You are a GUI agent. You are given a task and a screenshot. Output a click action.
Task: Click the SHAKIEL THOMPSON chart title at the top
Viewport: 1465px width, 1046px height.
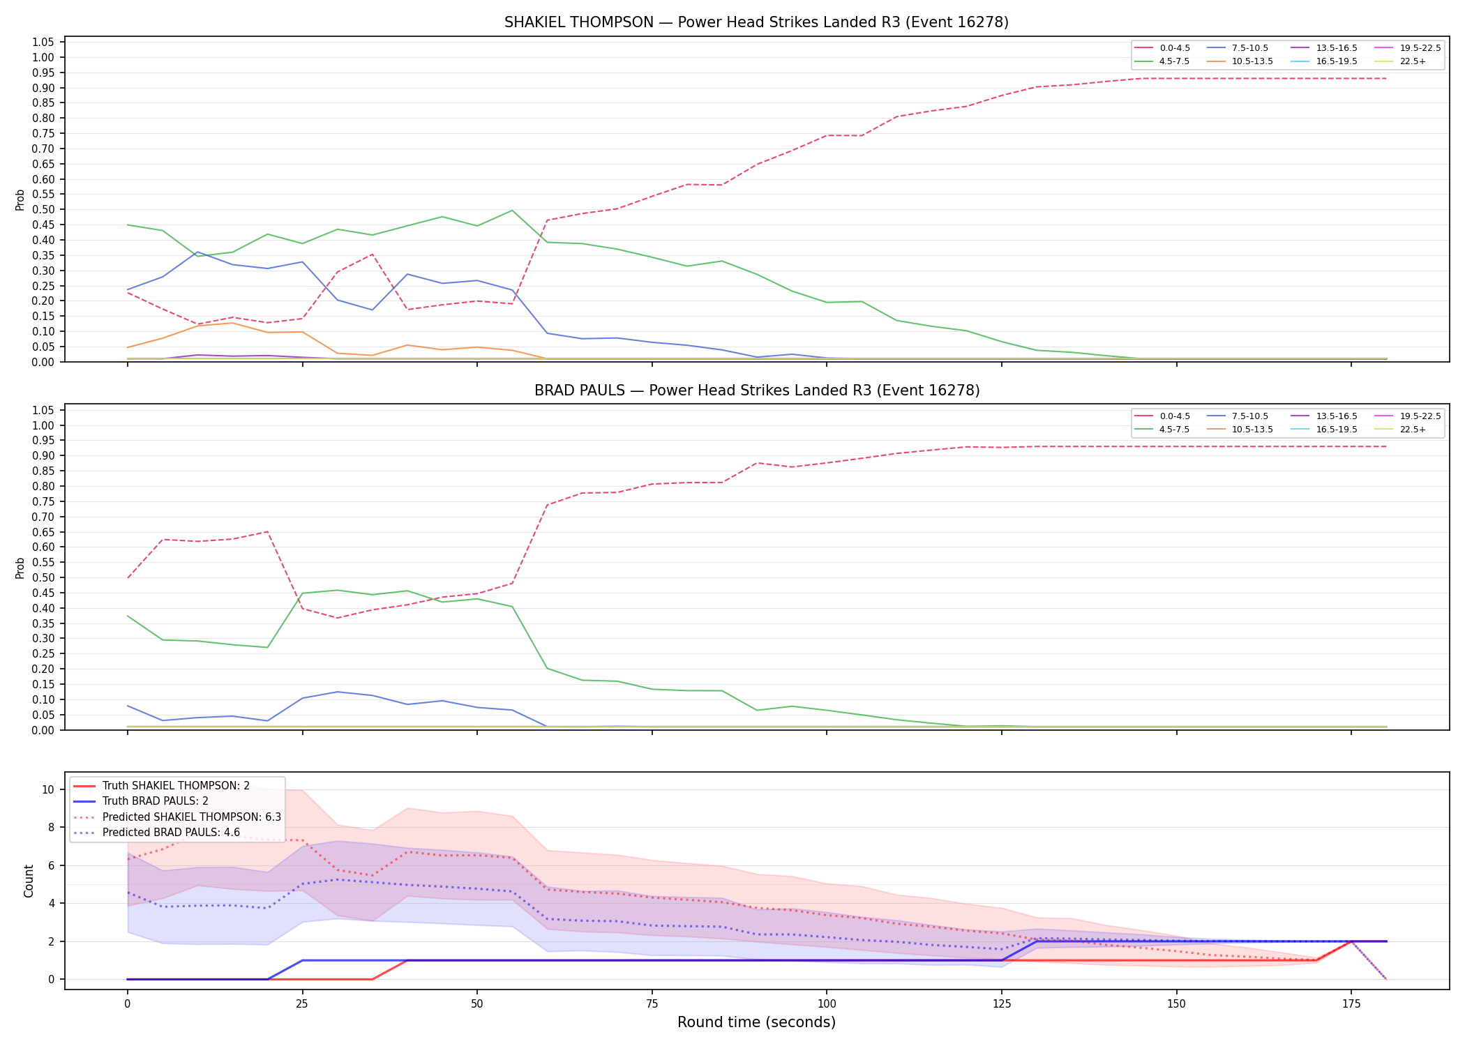tap(756, 22)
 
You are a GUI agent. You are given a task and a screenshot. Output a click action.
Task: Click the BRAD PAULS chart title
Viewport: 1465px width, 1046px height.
tap(757, 391)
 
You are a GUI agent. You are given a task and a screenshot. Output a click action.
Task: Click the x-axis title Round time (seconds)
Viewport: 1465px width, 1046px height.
tap(756, 1022)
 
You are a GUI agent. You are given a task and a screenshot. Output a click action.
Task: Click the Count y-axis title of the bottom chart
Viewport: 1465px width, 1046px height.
tap(29, 881)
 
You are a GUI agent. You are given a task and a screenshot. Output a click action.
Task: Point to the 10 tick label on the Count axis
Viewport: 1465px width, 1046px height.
tap(48, 790)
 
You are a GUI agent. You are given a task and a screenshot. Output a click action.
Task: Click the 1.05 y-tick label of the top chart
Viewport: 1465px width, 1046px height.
tap(43, 43)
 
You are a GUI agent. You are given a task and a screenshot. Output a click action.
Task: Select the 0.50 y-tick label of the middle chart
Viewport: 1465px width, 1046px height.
tap(43, 578)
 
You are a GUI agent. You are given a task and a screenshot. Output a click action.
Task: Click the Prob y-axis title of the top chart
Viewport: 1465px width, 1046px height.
tap(20, 200)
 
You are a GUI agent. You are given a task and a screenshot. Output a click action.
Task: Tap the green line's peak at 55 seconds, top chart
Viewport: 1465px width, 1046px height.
tap(512, 210)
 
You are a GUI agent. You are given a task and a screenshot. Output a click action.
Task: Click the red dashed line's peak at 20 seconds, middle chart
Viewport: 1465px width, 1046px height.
tap(267, 532)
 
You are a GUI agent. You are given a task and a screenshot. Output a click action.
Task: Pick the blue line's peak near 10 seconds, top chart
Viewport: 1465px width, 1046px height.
tap(197, 252)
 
